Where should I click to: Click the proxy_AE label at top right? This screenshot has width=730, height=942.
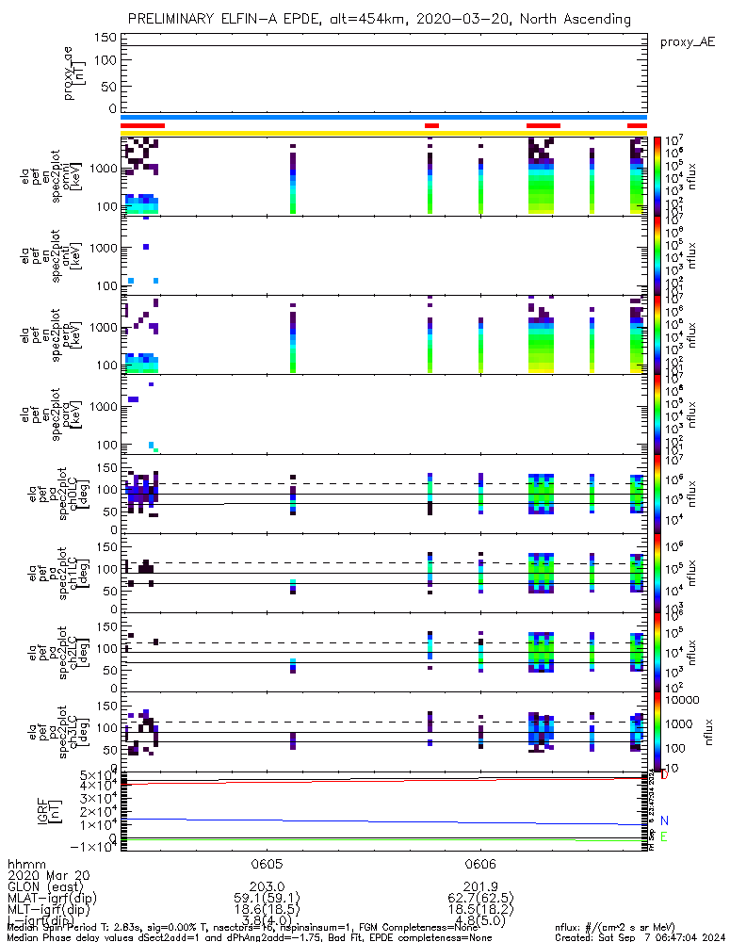coord(689,42)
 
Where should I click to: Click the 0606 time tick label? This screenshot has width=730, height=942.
coord(480,863)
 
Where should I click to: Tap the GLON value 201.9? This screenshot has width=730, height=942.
coord(480,887)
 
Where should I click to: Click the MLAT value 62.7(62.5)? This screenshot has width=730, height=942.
coord(480,899)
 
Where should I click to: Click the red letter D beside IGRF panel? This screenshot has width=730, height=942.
coord(664,775)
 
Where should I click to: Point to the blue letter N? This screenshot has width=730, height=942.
coord(664,821)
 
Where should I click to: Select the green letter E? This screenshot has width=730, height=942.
coord(664,836)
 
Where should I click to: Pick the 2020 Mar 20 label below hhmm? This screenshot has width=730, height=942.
coord(44,875)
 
